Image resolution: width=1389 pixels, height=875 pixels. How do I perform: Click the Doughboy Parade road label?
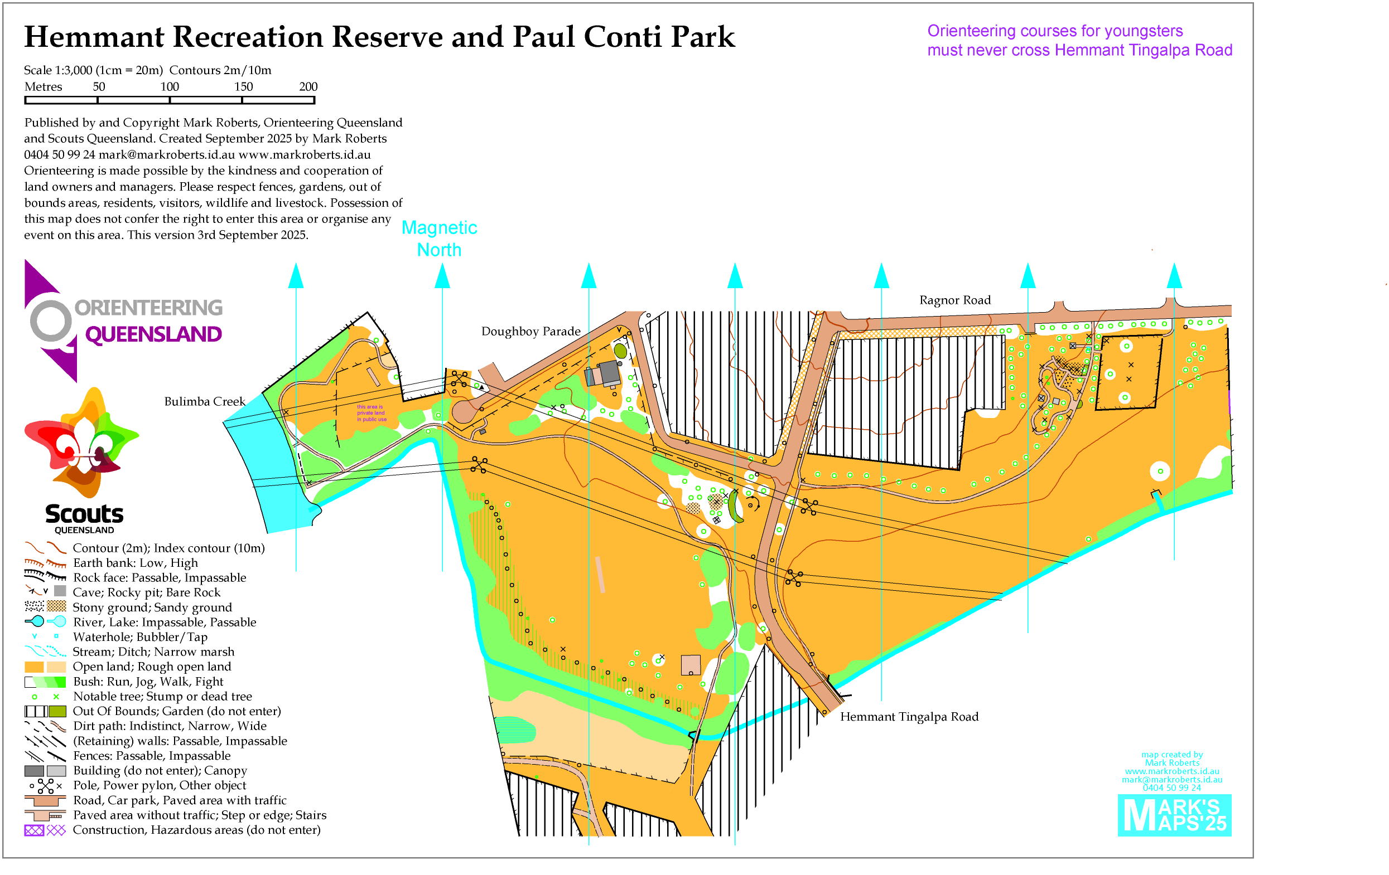530,332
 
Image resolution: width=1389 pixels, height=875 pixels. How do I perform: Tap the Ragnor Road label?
954,300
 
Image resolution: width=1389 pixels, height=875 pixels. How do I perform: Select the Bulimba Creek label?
204,402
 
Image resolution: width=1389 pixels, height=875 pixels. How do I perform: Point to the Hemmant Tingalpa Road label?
909,717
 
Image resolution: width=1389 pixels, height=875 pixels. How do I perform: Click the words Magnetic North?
439,239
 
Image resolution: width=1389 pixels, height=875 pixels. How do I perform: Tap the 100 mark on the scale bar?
170,87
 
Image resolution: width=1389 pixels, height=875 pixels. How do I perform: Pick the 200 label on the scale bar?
308,87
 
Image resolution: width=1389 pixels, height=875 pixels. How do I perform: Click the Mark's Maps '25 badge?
1174,815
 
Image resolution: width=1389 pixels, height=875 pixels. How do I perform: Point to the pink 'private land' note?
371,413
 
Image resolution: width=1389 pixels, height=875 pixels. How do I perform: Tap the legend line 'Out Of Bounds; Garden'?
176,711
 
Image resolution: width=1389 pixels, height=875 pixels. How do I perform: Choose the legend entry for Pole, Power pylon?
159,786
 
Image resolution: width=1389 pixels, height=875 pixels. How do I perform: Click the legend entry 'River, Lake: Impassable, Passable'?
165,623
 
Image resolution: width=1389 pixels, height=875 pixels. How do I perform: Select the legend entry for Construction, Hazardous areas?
196,830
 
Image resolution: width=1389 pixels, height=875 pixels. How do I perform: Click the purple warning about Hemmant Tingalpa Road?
1079,40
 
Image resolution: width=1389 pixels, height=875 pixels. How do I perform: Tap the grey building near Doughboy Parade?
609,373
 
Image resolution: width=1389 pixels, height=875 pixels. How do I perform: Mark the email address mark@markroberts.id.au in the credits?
166,154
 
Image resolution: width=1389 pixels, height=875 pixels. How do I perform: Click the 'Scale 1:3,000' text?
57,70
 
